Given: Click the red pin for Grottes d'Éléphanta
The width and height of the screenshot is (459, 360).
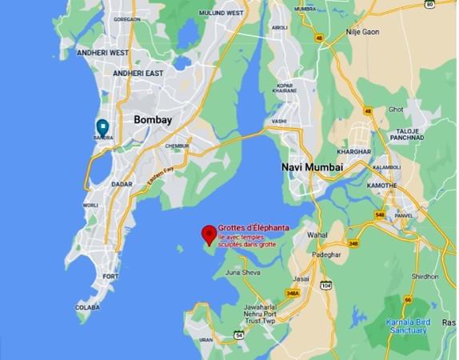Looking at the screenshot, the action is click(210, 234).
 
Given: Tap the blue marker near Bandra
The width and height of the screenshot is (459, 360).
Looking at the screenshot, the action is click(102, 126).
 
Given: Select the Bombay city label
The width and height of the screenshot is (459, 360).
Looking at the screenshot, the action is click(153, 119).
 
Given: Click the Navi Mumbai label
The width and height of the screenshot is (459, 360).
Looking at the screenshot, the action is click(312, 166).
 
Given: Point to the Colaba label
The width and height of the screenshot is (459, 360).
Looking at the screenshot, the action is click(87, 306).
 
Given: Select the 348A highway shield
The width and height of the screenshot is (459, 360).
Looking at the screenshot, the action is click(293, 293).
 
